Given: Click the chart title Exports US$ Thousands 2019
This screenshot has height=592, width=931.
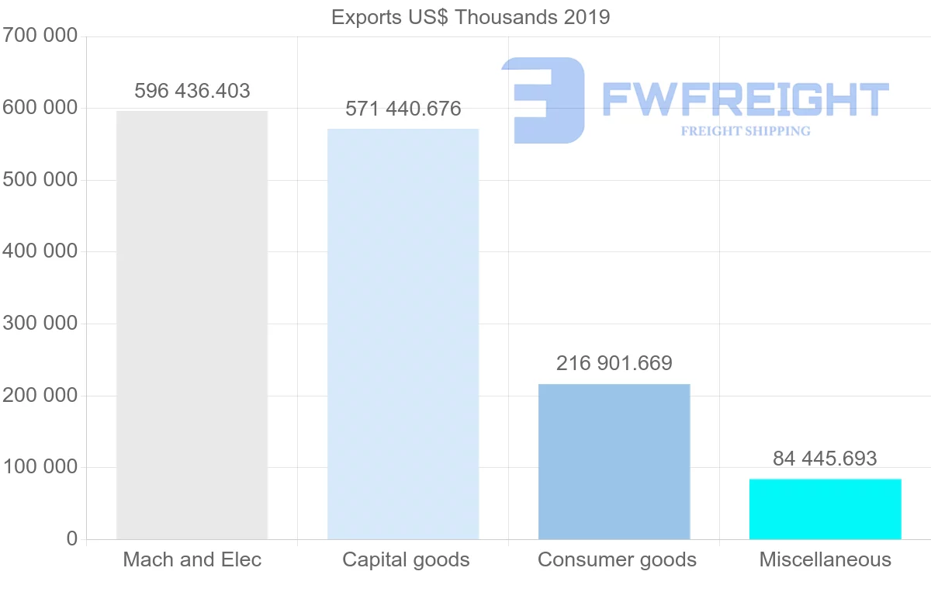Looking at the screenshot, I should click(x=470, y=17).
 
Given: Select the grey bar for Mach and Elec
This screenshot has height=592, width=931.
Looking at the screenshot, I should click(x=192, y=325).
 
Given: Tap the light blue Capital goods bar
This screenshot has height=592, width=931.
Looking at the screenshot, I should click(x=403, y=334).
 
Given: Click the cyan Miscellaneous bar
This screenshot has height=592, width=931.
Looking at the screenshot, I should click(x=825, y=509).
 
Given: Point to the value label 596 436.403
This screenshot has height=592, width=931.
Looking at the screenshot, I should click(x=192, y=91).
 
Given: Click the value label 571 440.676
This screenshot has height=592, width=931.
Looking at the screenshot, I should click(x=403, y=109).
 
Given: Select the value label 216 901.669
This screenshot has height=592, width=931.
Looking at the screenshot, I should click(x=614, y=362).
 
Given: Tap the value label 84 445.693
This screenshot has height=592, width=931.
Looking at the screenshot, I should click(x=825, y=459).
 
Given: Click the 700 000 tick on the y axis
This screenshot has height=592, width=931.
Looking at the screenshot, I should click(x=40, y=36).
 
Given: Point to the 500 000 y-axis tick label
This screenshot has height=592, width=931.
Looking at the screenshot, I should click(x=40, y=180).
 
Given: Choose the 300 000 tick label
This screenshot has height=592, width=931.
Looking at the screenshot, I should click(x=40, y=324).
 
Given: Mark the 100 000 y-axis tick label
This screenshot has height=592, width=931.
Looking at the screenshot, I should click(x=40, y=467).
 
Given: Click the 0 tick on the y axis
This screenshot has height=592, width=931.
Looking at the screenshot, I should click(x=72, y=538).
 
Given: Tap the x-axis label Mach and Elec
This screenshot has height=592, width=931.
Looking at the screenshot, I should click(x=192, y=559).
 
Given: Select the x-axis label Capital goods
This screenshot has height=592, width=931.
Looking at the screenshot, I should click(x=406, y=559).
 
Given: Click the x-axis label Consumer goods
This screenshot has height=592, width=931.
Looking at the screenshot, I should click(x=617, y=559).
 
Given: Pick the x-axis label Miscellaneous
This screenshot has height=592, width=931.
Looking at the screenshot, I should click(x=825, y=559).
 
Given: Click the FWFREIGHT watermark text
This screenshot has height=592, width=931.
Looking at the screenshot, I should click(x=745, y=99).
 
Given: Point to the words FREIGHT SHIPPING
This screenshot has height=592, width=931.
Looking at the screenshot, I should click(x=746, y=131).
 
